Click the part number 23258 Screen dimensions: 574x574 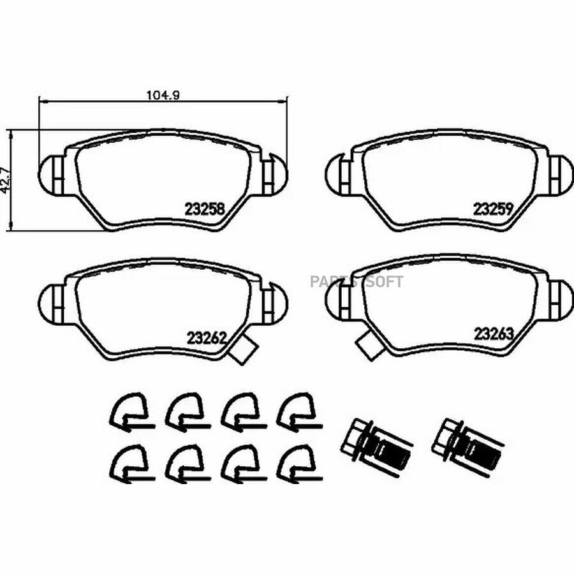pyautogui.click(x=205, y=209)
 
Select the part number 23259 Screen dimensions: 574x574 pyautogui.click(x=493, y=209)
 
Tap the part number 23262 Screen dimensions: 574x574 pyautogui.click(x=207, y=338)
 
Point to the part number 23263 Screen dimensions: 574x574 pyautogui.click(x=494, y=334)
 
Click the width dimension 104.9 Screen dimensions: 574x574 pyautogui.click(x=163, y=95)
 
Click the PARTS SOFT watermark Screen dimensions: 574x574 pyautogui.click(x=357, y=282)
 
